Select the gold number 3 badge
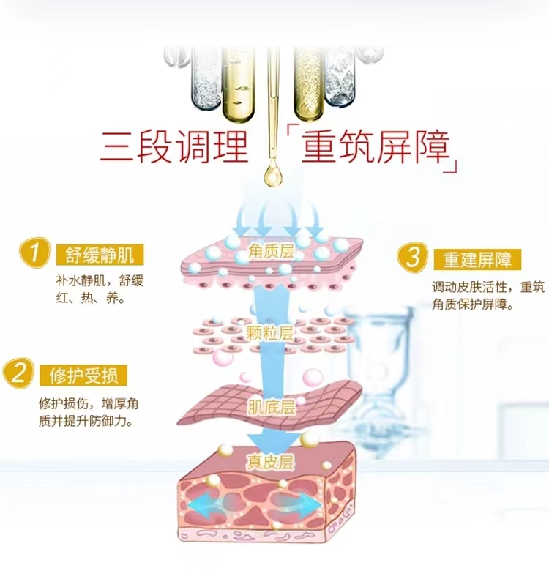coord(414,257)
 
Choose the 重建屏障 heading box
coord(477,259)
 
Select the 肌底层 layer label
coord(271,408)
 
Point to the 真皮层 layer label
coord(269,462)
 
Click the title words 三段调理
coord(174,147)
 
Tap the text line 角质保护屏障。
coord(473,305)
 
